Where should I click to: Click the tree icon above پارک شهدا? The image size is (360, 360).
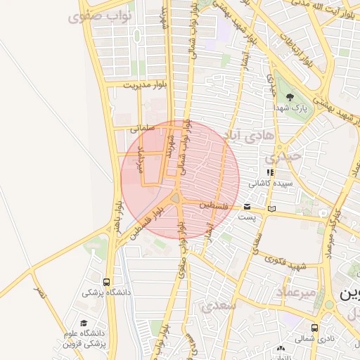[290, 97]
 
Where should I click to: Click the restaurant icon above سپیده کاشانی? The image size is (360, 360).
[269, 172]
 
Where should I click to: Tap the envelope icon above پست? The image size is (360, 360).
[247, 207]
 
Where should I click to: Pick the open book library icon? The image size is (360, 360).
[272, 209]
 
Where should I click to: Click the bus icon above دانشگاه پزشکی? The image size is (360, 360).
[106, 281]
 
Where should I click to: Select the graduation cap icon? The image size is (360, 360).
[83, 322]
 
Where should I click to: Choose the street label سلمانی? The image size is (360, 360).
[141, 129]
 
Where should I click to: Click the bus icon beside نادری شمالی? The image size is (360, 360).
[314, 328]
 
